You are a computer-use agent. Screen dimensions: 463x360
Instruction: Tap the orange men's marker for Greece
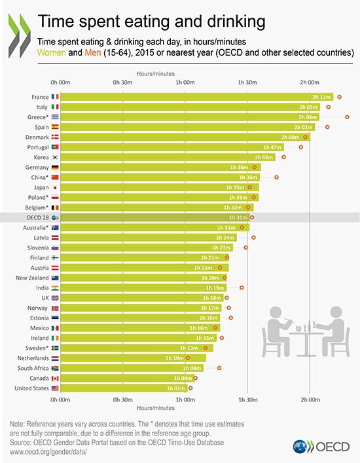click(x=347, y=117)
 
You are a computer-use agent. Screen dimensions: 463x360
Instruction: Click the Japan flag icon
click(x=55, y=187)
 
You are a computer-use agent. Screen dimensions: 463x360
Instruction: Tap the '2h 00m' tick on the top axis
click(x=310, y=83)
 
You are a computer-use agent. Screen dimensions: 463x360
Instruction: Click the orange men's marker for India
click(x=242, y=287)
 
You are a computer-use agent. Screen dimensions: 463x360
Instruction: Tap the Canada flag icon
click(x=55, y=379)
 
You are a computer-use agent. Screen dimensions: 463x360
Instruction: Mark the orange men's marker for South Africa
click(x=219, y=368)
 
